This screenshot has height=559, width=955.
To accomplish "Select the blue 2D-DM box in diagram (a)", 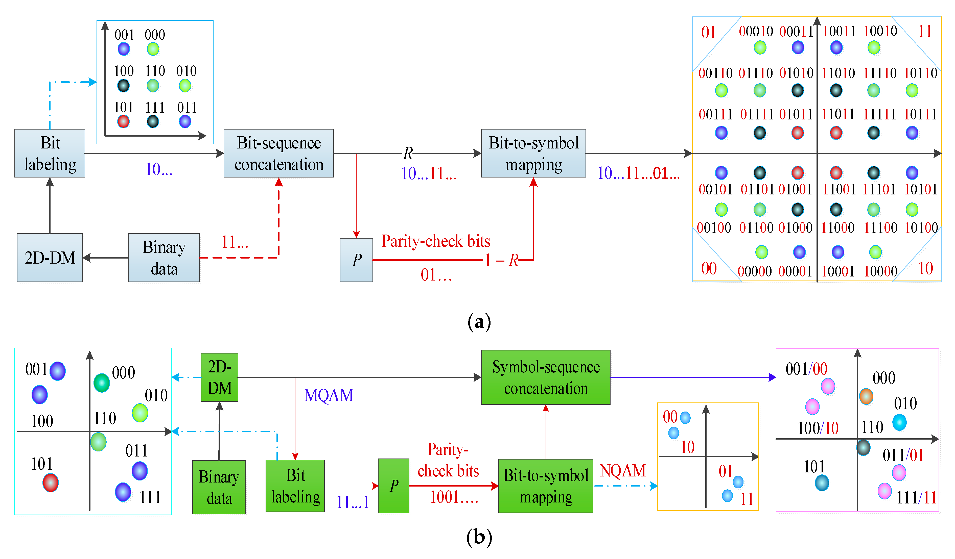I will click(x=50, y=258).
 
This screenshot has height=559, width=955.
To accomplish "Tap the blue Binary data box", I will click(x=164, y=258).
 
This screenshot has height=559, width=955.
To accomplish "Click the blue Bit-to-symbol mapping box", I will click(x=533, y=154).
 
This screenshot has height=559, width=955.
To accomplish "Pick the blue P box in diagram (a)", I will click(x=356, y=260).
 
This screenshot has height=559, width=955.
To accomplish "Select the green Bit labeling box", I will click(x=295, y=486).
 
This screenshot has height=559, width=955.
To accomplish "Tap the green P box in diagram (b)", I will click(x=393, y=486).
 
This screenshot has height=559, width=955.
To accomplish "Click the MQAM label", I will click(x=329, y=395).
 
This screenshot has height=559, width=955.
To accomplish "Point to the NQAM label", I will click(x=623, y=471).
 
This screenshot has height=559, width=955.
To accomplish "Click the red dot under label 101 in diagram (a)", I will click(x=124, y=122).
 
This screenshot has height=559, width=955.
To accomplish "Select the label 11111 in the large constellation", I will click(x=879, y=114).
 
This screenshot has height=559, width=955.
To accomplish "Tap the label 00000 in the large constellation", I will click(x=755, y=271).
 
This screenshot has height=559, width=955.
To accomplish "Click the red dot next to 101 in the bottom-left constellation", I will click(x=50, y=483).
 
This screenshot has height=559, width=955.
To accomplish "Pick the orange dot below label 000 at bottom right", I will click(x=866, y=396).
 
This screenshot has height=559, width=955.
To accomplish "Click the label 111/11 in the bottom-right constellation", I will click(x=916, y=498).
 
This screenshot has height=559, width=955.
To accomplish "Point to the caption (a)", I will click(x=479, y=322).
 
